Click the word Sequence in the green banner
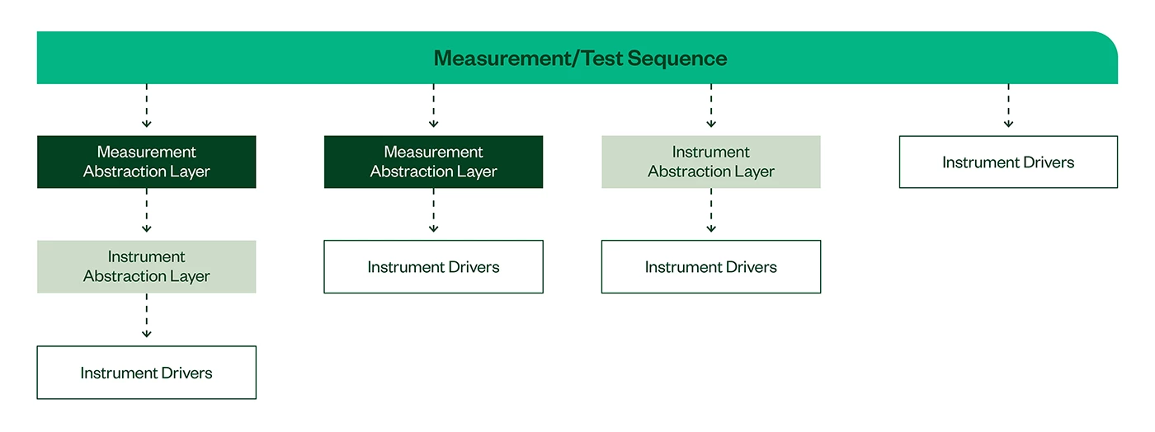click(x=677, y=59)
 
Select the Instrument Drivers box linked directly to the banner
click(x=1008, y=162)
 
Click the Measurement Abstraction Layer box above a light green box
click(x=147, y=162)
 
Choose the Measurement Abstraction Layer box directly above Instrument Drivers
click(x=433, y=162)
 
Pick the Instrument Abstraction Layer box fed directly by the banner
click(x=710, y=162)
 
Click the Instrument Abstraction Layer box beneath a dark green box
click(x=147, y=266)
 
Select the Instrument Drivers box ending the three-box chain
click(x=147, y=372)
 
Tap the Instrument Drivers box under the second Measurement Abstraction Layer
click(x=433, y=266)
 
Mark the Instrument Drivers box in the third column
click(x=710, y=266)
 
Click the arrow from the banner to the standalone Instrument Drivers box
click(x=1008, y=106)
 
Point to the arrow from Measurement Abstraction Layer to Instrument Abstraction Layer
click(x=147, y=210)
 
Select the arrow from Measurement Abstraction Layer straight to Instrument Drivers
click(x=434, y=210)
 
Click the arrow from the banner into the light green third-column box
click(x=711, y=106)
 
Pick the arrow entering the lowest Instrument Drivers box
click(x=147, y=316)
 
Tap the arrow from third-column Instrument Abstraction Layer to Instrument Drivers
click(x=711, y=210)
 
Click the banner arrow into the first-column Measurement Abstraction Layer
click(x=147, y=106)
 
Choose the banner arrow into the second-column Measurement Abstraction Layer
click(x=434, y=106)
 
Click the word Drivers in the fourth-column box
click(x=1049, y=162)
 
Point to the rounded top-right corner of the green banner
click(x=1110, y=40)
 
